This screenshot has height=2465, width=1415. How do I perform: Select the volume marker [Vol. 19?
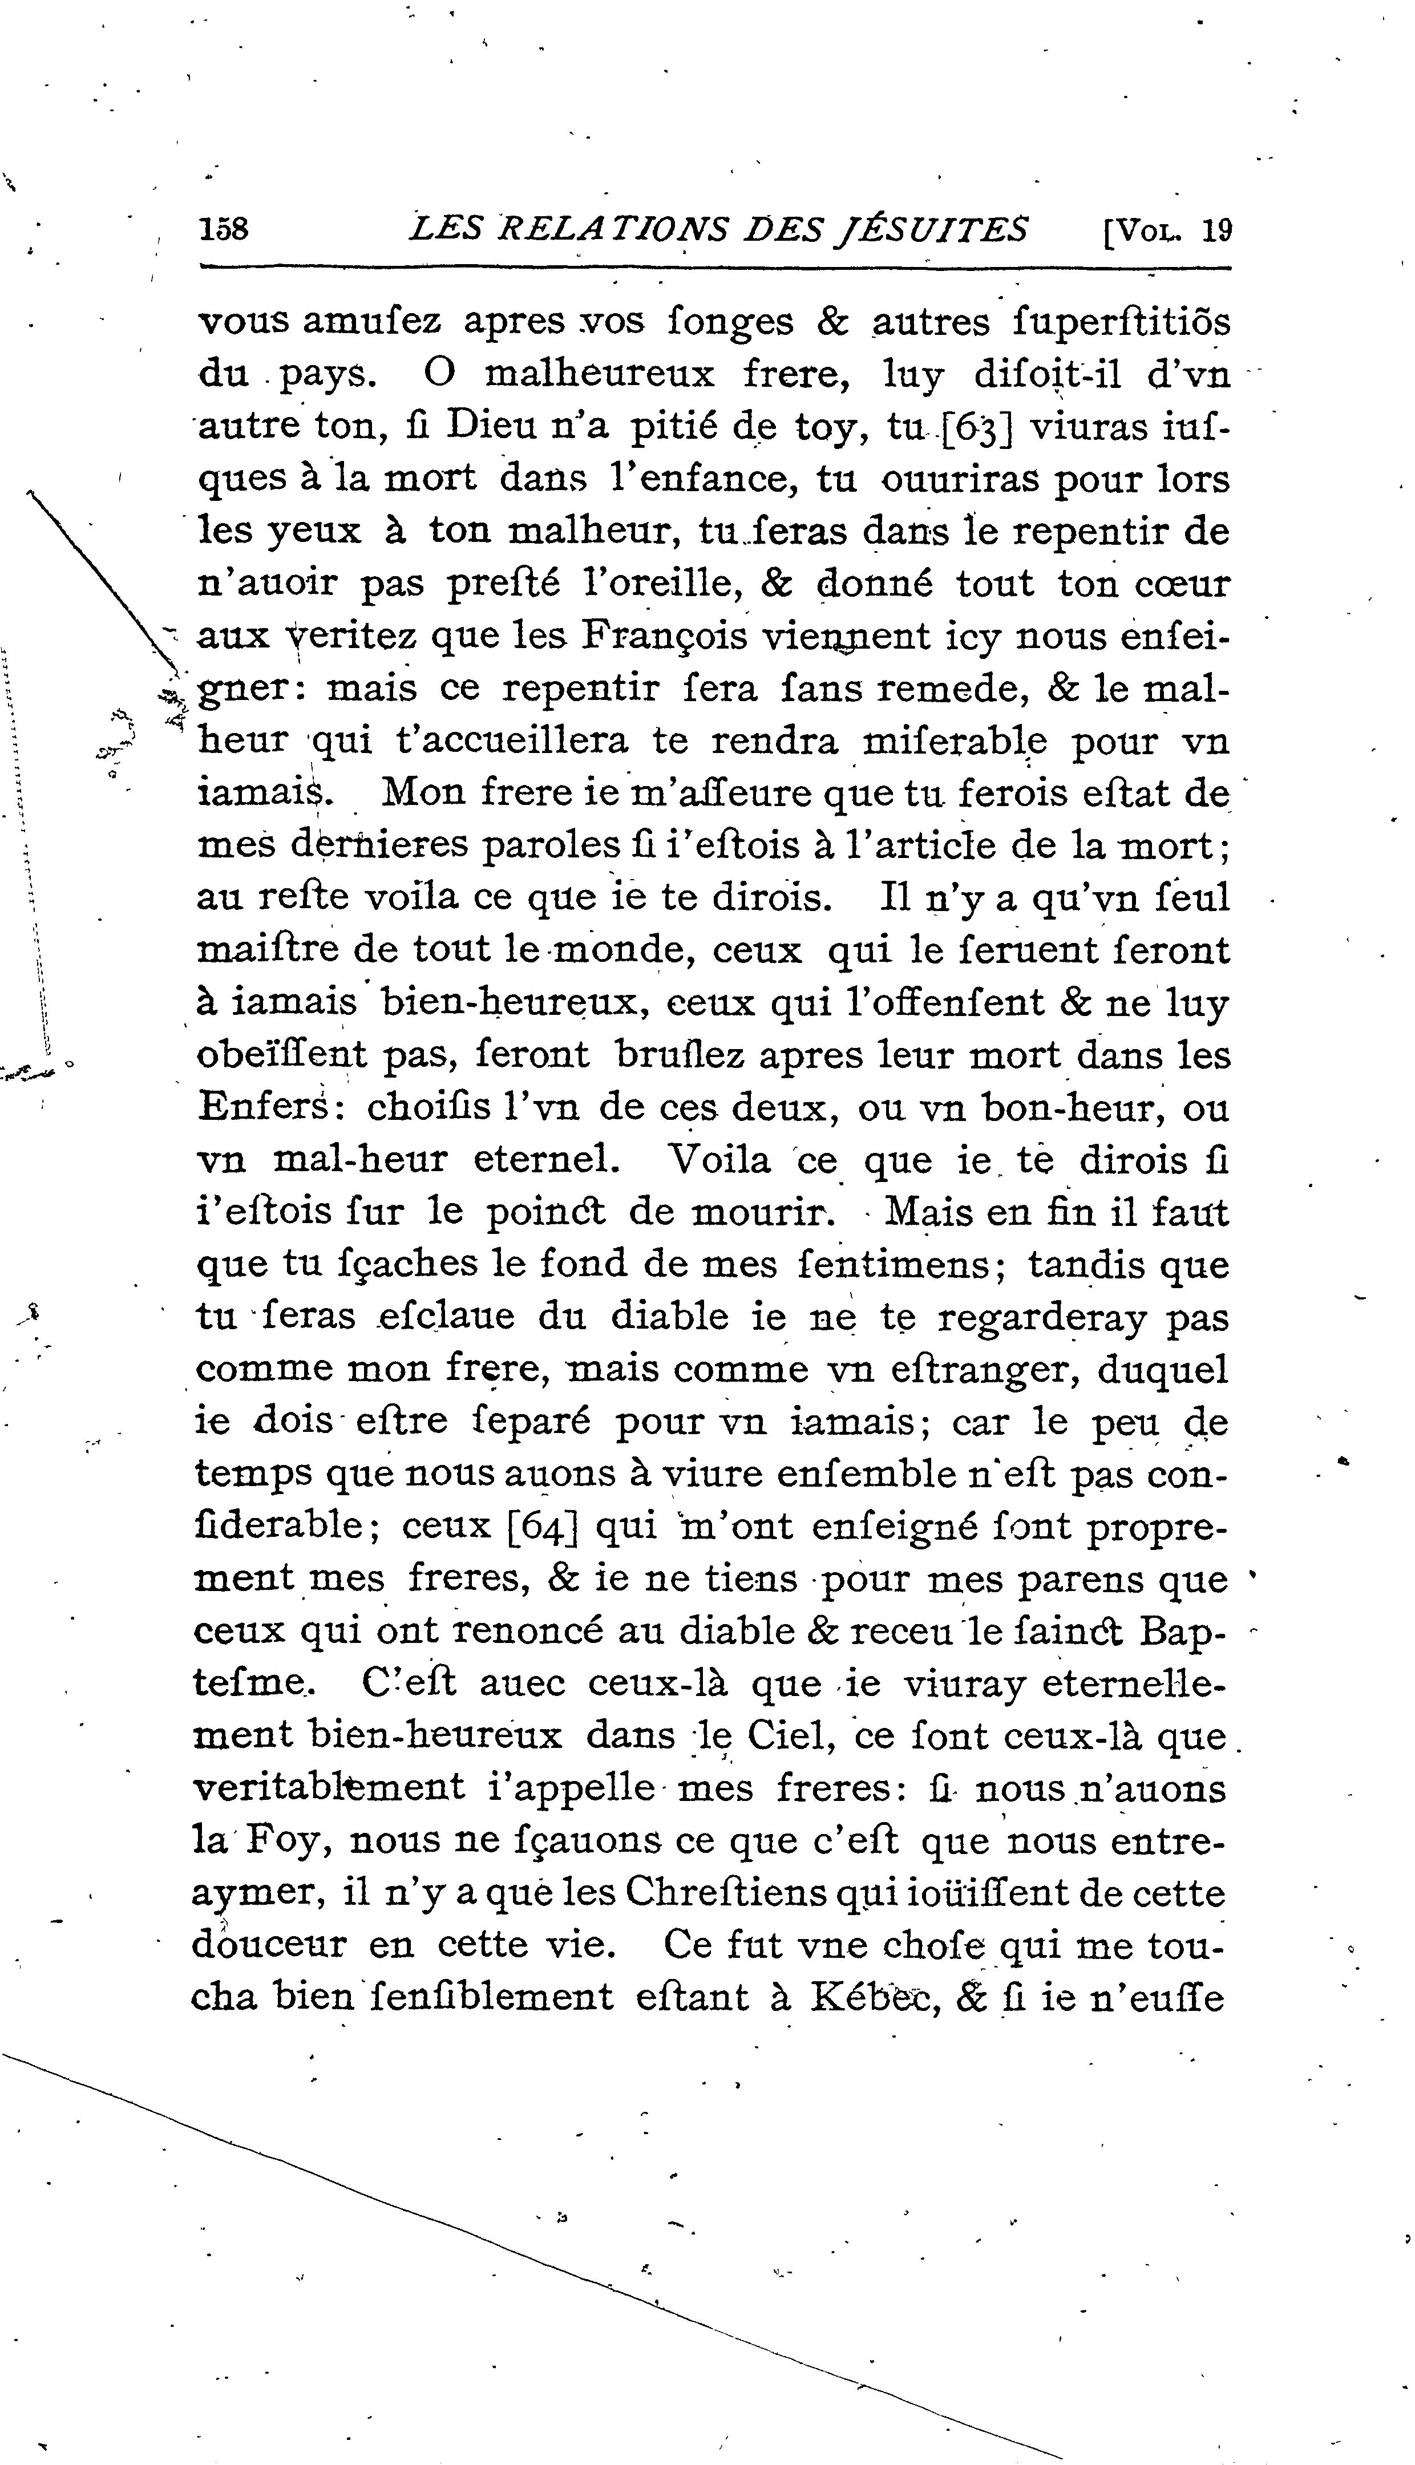pyautogui.click(x=1166, y=230)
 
